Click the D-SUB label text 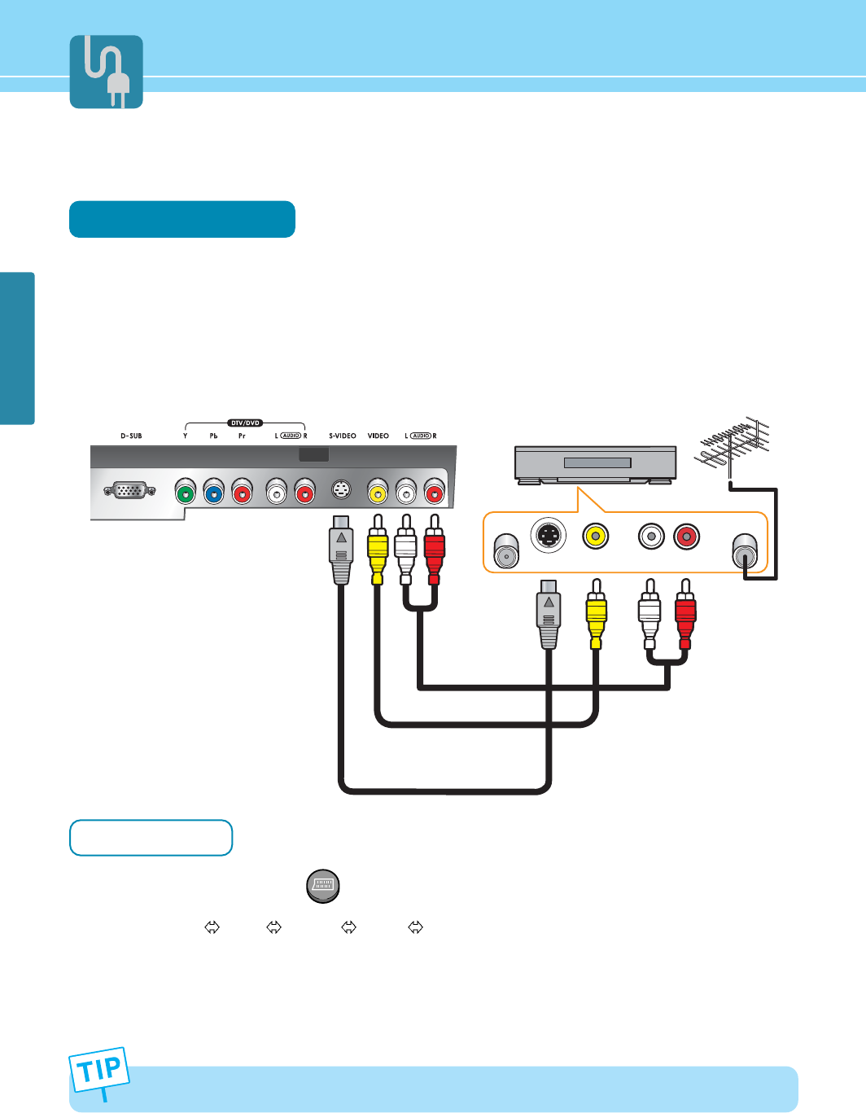[131, 436]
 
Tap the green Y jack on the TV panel [186, 492]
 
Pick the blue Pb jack [213, 492]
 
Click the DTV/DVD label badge [245, 423]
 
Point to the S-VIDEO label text [343, 436]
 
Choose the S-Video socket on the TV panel [342, 491]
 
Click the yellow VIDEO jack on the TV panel [378, 492]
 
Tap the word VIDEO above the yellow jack [378, 436]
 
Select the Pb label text [213, 436]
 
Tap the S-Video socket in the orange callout [549, 536]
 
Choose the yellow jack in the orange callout [596, 536]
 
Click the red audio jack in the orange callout [687, 537]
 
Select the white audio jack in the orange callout [651, 537]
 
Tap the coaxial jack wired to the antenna [745, 552]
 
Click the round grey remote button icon [323, 886]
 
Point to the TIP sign [99, 1070]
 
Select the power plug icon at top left [107, 72]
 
